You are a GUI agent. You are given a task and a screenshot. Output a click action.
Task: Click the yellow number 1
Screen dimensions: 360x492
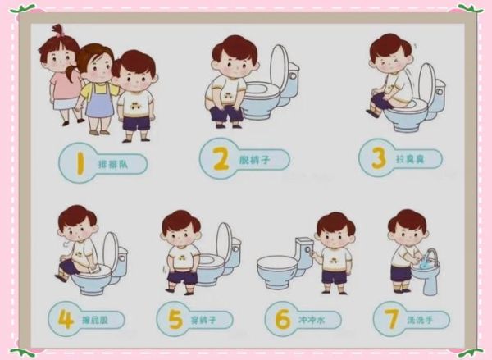[x=80, y=163]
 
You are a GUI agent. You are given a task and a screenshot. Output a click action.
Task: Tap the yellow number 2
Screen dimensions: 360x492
[x=221, y=158]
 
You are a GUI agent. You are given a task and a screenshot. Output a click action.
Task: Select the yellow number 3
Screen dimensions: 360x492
[x=378, y=157]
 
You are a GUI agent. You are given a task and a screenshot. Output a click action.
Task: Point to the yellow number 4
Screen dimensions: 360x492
[x=66, y=318]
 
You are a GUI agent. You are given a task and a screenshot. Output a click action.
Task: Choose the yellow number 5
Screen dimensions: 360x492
[x=175, y=318]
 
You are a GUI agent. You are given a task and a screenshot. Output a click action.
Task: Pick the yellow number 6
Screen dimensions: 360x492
[x=283, y=318]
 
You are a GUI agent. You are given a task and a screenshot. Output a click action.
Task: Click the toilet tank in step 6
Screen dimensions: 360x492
[x=303, y=247]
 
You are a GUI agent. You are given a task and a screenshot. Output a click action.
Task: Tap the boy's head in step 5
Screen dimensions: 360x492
[x=180, y=226]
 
